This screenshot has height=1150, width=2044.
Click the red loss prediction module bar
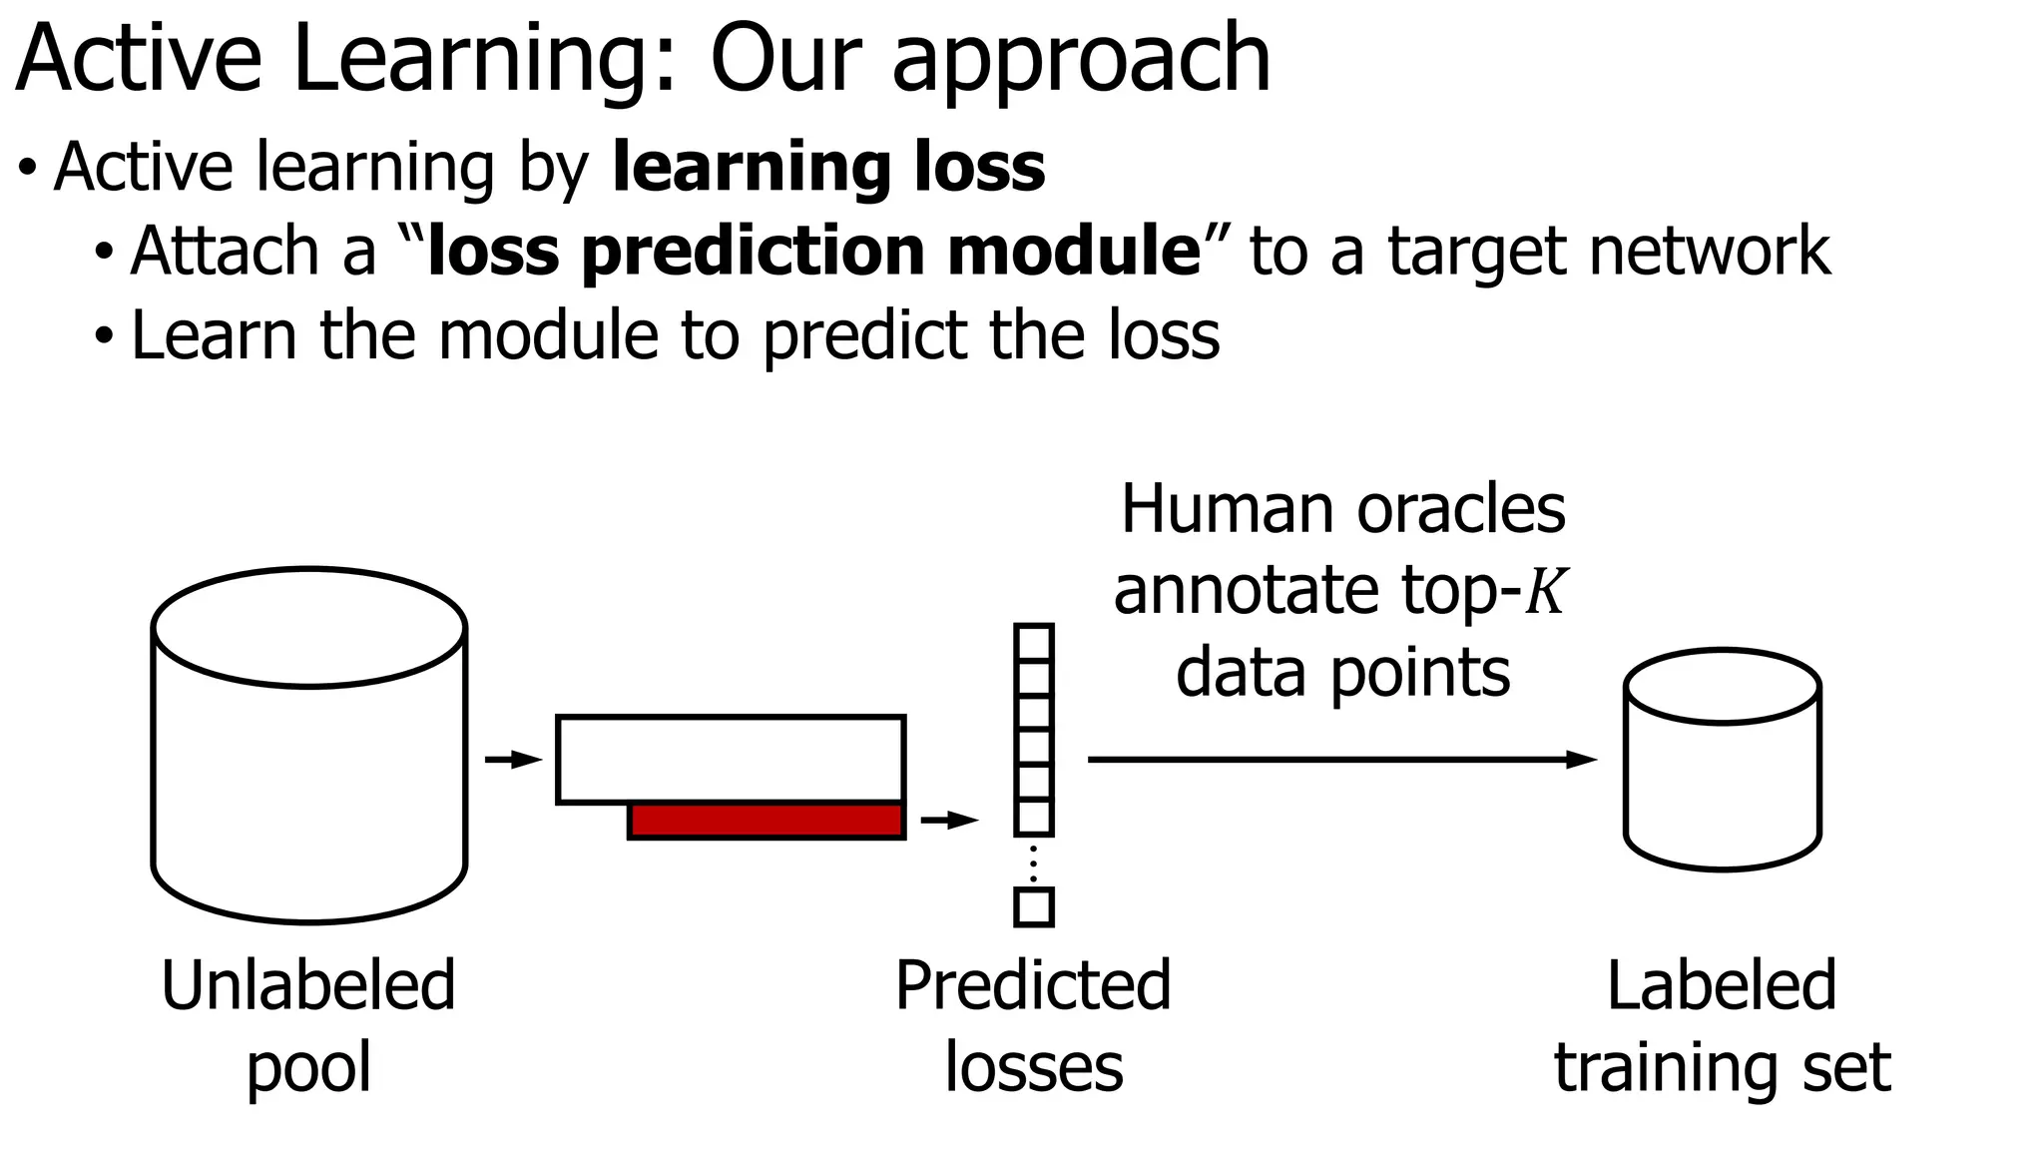(x=766, y=821)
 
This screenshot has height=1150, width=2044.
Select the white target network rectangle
(x=731, y=759)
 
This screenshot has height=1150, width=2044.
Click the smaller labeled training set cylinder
(x=1722, y=774)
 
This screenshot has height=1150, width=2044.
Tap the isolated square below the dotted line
(x=1033, y=907)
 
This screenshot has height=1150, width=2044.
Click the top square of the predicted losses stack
(x=1033, y=643)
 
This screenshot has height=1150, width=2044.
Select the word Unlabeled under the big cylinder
(x=308, y=985)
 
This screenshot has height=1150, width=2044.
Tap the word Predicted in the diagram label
(x=1033, y=985)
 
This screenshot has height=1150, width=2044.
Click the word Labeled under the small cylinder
(x=1722, y=985)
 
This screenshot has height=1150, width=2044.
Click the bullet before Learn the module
(x=105, y=336)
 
